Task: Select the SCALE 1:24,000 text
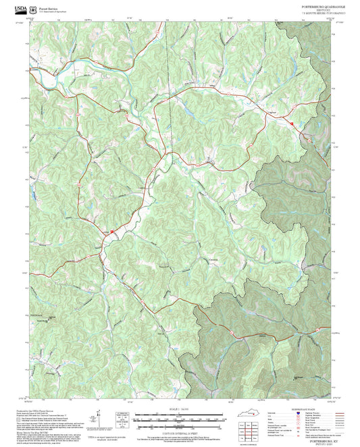click(180, 409)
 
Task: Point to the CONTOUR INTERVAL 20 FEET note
click(180, 432)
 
